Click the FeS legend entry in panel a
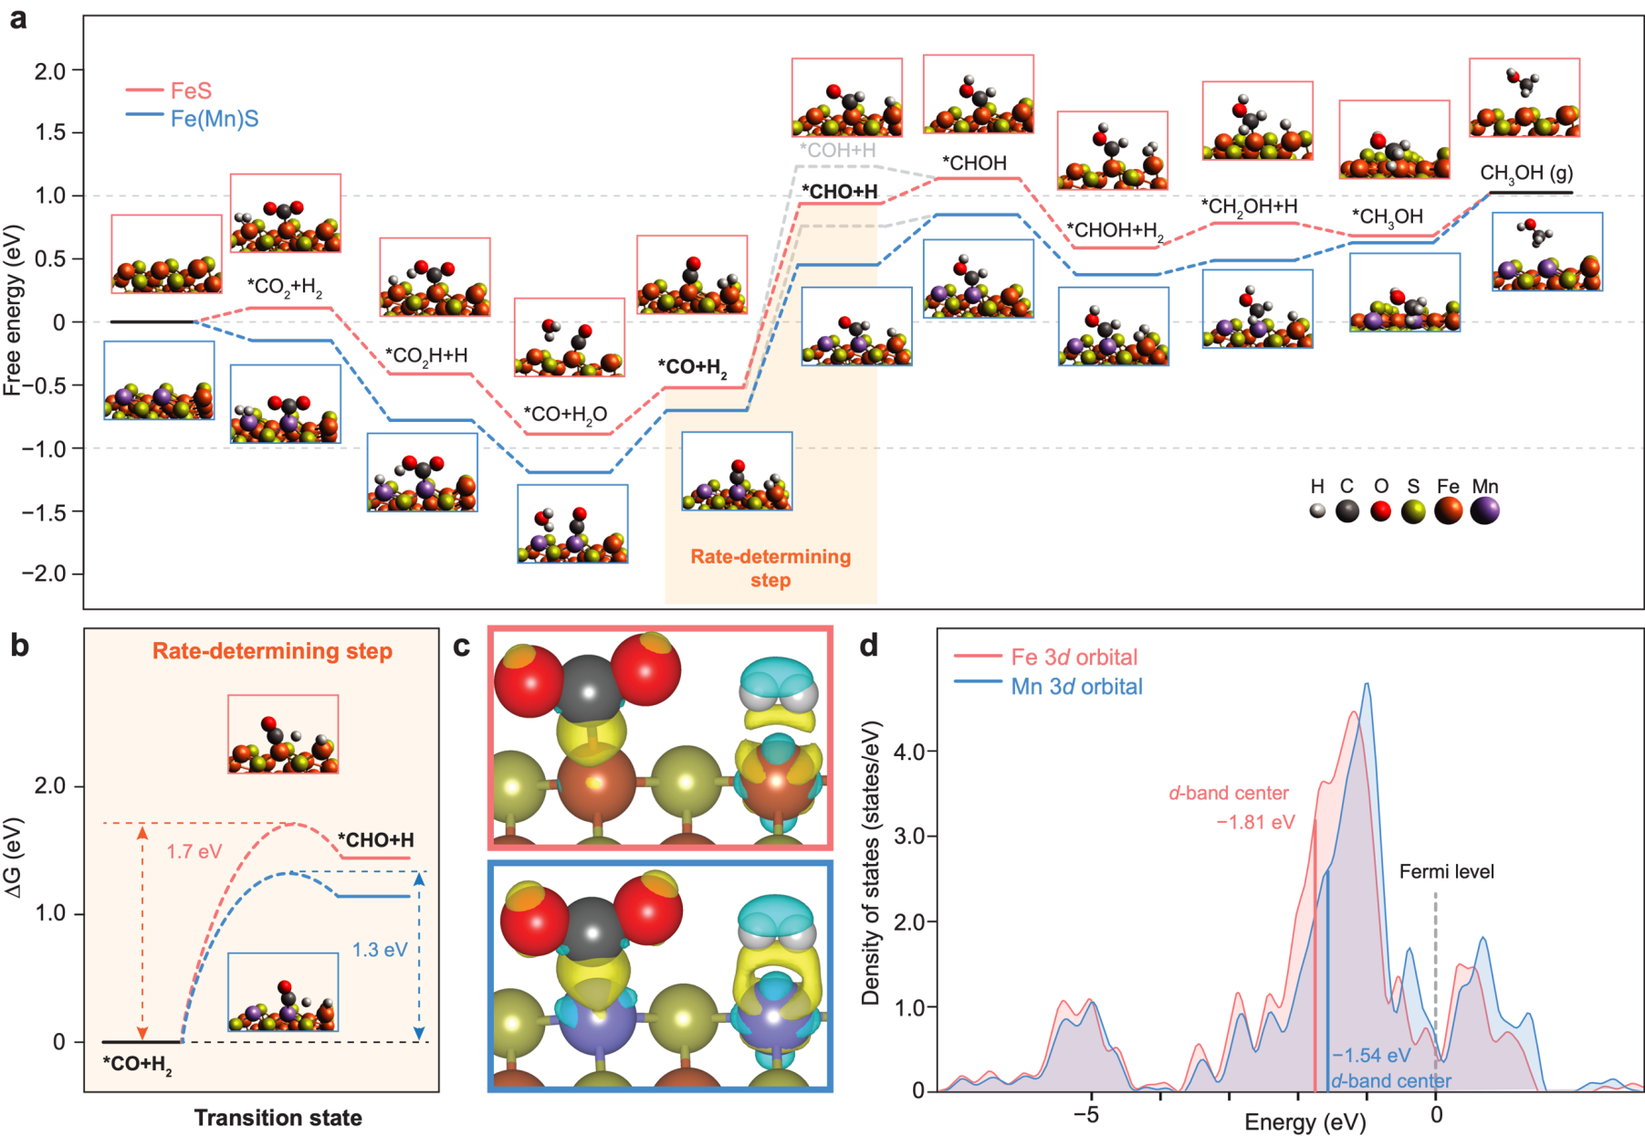click(191, 90)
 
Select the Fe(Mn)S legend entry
click(214, 119)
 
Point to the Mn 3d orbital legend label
click(1076, 687)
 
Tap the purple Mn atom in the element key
click(1484, 511)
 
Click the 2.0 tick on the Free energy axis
click(51, 70)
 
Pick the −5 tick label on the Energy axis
click(1084, 1115)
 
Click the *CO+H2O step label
click(566, 415)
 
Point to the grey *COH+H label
click(837, 151)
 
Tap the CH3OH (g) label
click(1526, 174)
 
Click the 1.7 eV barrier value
click(194, 852)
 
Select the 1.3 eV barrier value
click(380, 950)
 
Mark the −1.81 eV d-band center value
click(1255, 822)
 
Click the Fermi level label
click(1446, 871)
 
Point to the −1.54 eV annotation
click(1370, 1056)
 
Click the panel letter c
click(462, 646)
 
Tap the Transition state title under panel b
click(278, 1118)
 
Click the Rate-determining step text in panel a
click(770, 568)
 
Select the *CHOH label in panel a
click(974, 163)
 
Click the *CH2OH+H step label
click(1248, 207)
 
